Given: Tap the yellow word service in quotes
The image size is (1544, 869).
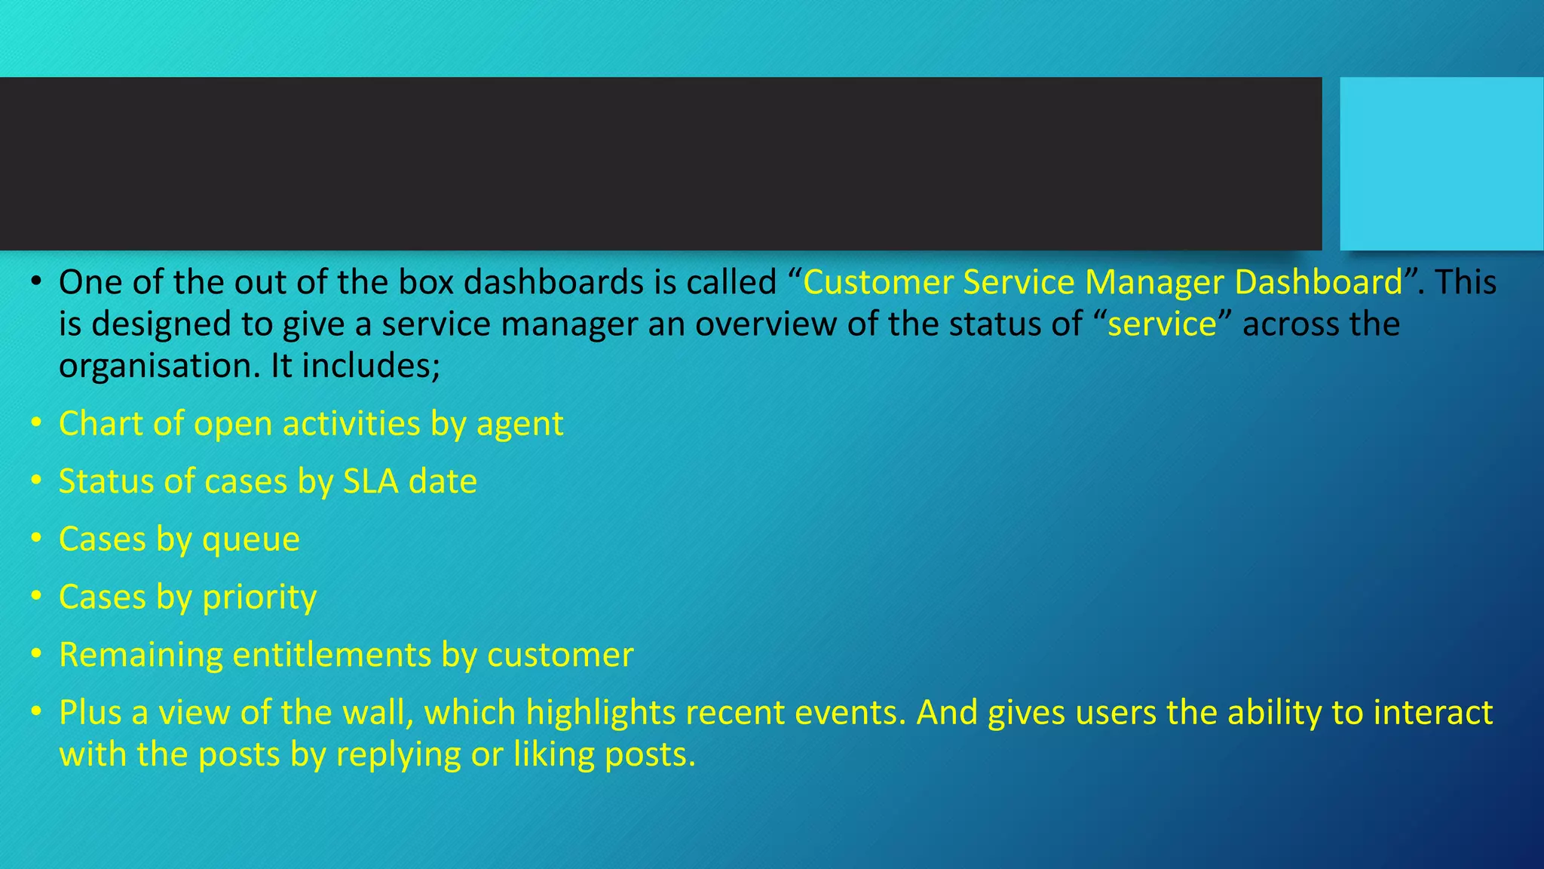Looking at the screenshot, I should (x=1162, y=324).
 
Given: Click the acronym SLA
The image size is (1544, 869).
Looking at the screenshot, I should (x=370, y=482).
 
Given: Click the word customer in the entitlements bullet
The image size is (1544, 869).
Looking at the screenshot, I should (x=559, y=655).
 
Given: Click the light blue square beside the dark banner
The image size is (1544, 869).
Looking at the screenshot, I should (x=1441, y=163).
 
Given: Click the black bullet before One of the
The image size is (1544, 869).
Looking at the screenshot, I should (x=36, y=283).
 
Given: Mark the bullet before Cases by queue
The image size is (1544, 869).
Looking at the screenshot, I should (x=36, y=539).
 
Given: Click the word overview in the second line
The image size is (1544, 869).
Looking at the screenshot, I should (x=764, y=324).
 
